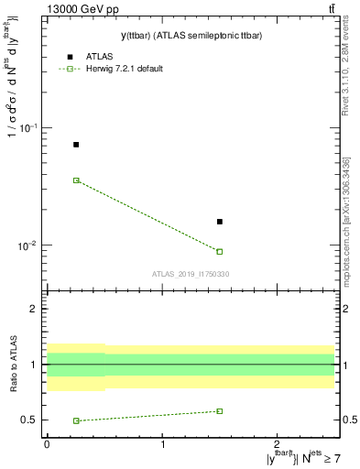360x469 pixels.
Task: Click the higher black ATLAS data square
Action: [x=76, y=145]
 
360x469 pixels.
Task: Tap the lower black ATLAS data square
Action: [x=220, y=222]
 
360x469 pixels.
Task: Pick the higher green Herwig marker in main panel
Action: [x=76, y=180]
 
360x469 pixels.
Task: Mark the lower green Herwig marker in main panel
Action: [x=220, y=251]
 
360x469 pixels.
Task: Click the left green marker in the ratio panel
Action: [x=76, y=420]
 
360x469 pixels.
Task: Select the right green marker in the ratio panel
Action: [x=220, y=411]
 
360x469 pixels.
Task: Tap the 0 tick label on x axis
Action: [x=47, y=444]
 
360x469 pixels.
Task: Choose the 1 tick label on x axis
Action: [x=163, y=444]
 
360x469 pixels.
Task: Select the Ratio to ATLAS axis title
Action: [x=14, y=364]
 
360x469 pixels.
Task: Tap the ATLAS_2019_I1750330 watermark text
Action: [x=191, y=274]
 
